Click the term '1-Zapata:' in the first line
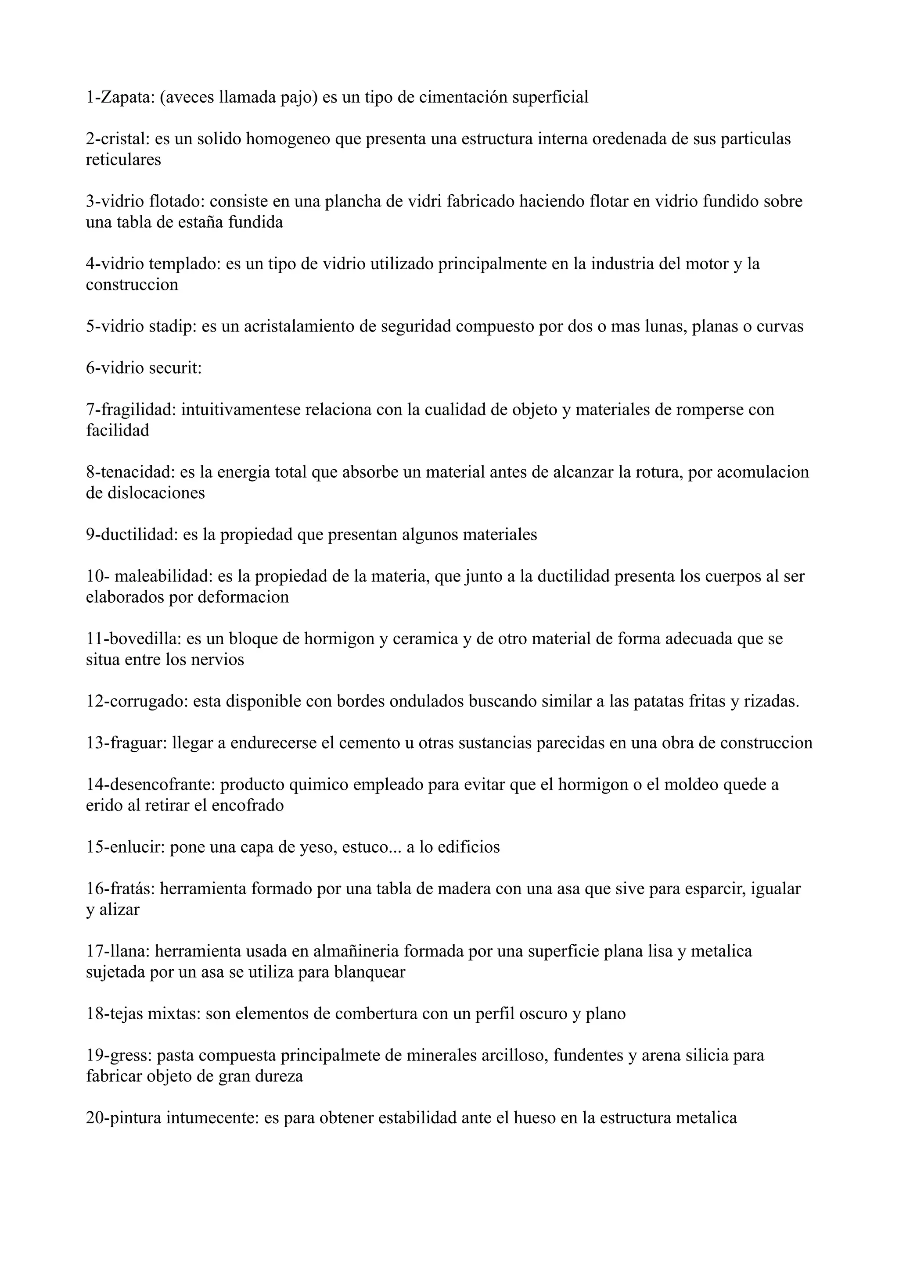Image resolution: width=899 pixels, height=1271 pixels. (119, 97)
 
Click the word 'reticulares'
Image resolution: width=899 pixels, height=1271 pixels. (123, 160)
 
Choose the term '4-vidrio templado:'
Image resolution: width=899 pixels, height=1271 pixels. (153, 264)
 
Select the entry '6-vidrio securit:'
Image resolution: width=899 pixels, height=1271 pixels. (144, 368)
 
